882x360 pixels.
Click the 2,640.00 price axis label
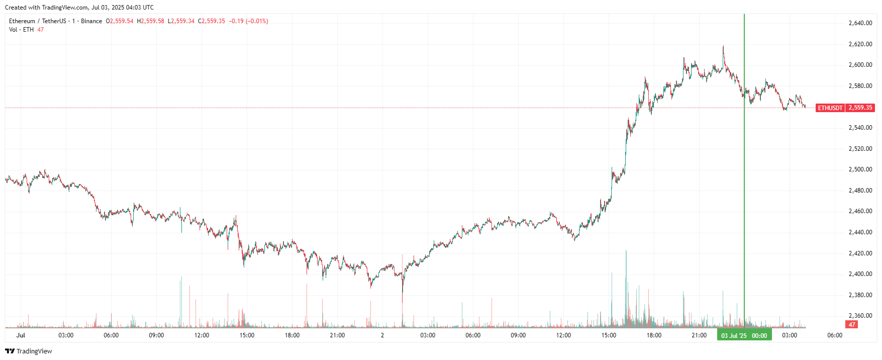click(860, 23)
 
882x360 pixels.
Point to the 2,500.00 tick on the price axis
click(860, 169)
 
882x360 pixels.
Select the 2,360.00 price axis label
click(860, 316)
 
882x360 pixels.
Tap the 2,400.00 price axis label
click(860, 274)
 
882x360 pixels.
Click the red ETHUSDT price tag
click(830, 108)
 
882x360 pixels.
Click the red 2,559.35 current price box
click(860, 108)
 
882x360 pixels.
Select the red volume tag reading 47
click(852, 325)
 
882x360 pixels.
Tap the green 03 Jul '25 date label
click(744, 335)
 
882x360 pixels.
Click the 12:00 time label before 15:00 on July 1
click(202, 335)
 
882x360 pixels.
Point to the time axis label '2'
click(382, 335)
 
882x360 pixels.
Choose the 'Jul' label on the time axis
click(21, 335)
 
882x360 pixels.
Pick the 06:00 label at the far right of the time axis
click(834, 335)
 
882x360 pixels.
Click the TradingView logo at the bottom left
click(29, 351)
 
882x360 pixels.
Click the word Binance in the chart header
click(91, 21)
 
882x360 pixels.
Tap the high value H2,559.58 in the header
click(150, 21)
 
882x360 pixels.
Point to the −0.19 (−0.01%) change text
click(248, 21)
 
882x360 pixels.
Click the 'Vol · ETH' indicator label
click(21, 30)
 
